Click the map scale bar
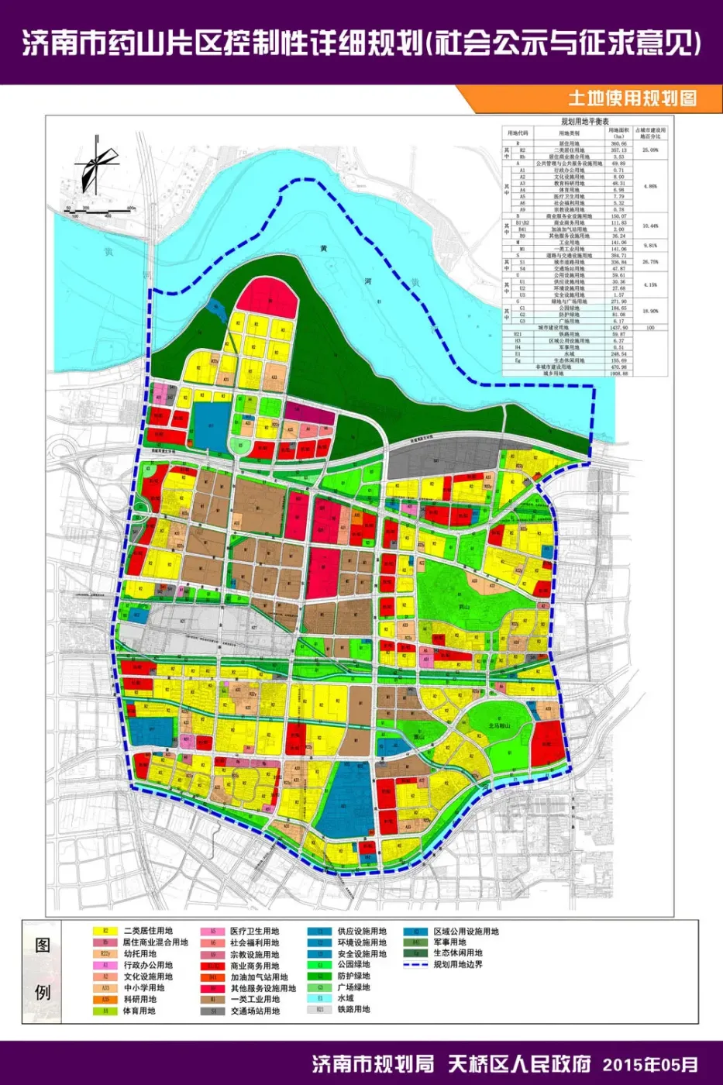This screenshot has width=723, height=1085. click(98, 209)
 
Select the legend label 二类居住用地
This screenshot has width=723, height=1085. click(147, 931)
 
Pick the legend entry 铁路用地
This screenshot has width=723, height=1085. click(353, 1009)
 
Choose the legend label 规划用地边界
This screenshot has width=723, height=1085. click(458, 964)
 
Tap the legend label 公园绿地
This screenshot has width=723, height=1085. click(353, 965)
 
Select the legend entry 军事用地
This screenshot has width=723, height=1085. click(449, 942)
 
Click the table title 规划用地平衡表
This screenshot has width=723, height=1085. click(585, 122)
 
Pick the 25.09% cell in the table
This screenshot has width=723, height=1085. click(650, 150)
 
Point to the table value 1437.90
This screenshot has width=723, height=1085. click(617, 328)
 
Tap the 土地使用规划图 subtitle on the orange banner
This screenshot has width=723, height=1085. click(632, 98)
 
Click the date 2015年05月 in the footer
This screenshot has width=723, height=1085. click(649, 1064)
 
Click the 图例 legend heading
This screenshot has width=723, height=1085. click(43, 969)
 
